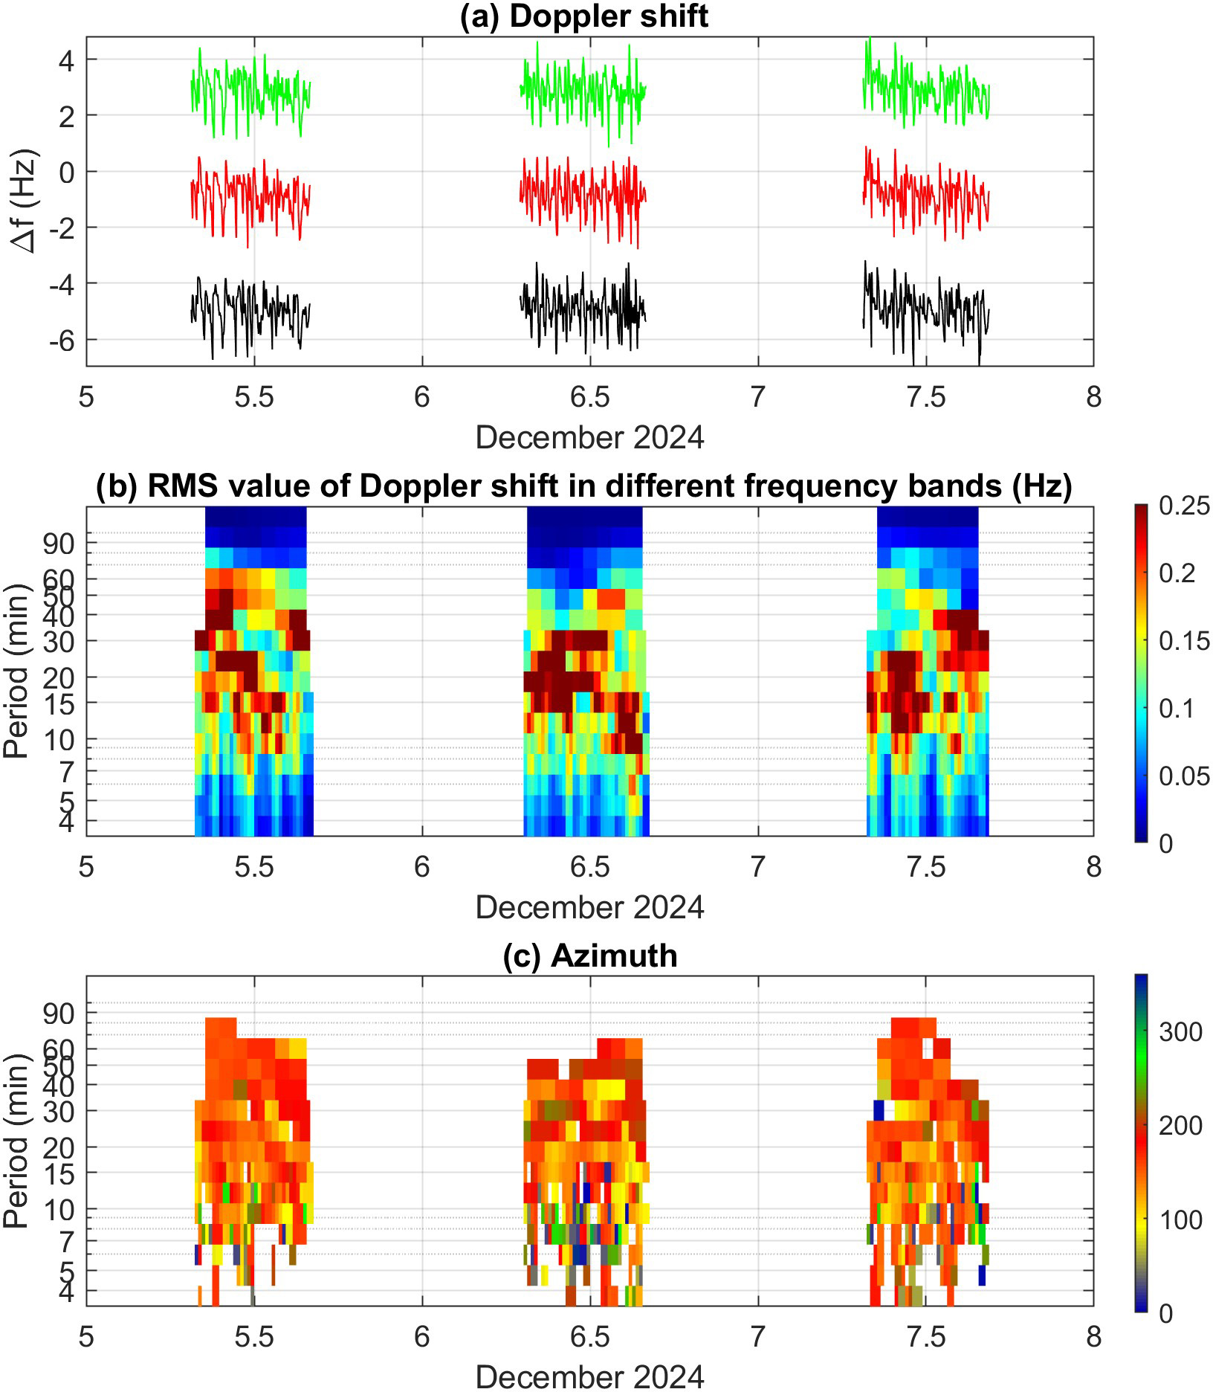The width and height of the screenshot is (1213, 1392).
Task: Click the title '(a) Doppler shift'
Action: (x=583, y=16)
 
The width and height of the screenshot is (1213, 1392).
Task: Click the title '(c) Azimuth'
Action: (x=589, y=956)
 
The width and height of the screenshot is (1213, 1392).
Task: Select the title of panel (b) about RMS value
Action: (x=583, y=486)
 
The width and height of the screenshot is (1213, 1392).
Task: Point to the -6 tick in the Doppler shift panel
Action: (x=62, y=341)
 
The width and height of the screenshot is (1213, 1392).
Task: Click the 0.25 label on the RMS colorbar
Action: (x=1184, y=506)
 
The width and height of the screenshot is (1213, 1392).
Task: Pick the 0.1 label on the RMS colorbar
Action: (x=1177, y=709)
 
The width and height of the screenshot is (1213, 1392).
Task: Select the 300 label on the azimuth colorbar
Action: (x=1180, y=1032)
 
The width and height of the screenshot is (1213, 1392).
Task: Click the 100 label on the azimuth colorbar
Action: (x=1180, y=1220)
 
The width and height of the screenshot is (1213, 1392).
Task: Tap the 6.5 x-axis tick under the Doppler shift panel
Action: (x=589, y=398)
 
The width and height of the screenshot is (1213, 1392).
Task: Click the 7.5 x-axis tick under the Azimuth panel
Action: (x=925, y=1337)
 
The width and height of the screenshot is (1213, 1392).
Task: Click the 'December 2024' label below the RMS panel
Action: (x=589, y=907)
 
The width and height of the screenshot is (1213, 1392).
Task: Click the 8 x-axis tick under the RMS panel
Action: (x=1093, y=867)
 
